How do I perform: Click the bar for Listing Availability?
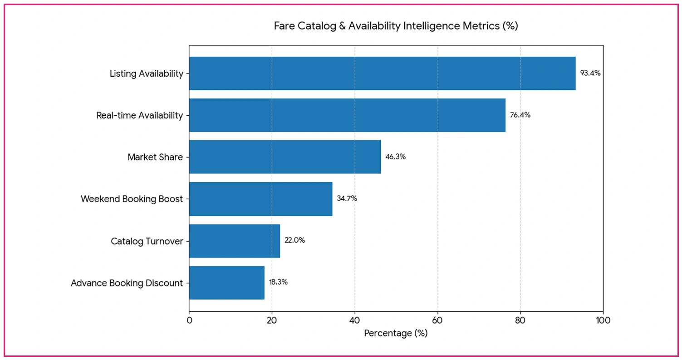pos(382,74)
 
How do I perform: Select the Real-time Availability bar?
pos(347,115)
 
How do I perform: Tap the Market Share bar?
pos(285,157)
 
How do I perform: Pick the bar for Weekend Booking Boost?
pos(260,199)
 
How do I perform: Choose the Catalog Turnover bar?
pos(235,241)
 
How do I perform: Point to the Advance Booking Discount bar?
pos(227,283)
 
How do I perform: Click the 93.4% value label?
pos(590,73)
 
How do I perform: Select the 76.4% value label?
pos(520,115)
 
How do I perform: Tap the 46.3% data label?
pos(395,157)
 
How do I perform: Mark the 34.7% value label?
pos(347,198)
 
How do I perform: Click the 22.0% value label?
pos(294,240)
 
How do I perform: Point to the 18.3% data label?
pos(278,282)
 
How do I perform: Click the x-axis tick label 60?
pos(437,320)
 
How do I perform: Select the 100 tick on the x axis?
pos(603,320)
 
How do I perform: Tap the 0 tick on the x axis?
pos(189,320)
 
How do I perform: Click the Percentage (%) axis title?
pos(396,333)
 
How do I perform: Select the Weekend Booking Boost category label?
pos(132,199)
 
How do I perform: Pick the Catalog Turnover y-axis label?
pos(147,241)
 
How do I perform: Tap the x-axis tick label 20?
pos(272,320)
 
